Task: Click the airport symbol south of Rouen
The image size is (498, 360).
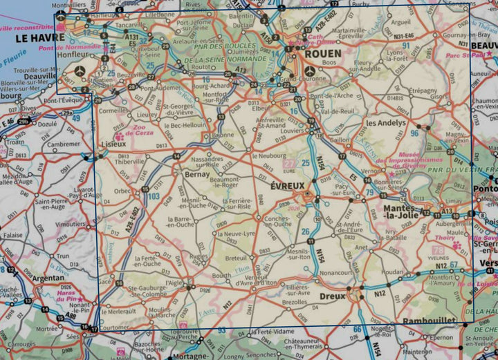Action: [308, 70]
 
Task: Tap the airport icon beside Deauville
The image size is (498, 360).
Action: [80, 70]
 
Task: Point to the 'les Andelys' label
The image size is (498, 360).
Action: [385, 124]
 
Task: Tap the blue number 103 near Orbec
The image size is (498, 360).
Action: [154, 197]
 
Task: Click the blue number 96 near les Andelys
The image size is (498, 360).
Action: [414, 133]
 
